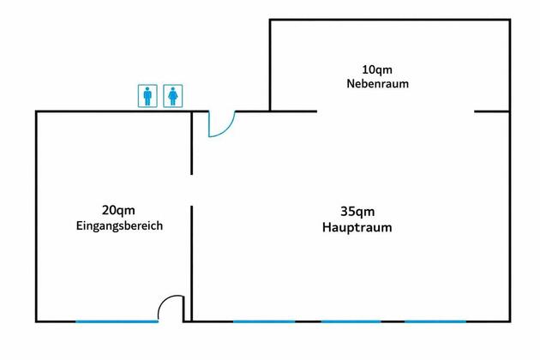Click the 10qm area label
377,69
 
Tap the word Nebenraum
377,84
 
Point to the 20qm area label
118,210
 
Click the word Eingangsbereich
118,226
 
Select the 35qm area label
357,211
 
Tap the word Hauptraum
357,227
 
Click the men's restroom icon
148,95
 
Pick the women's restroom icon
174,95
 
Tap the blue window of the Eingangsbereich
117,321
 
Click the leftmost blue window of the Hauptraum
264,321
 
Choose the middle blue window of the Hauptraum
351,321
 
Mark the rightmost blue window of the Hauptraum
435,321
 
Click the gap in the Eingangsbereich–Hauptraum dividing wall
192,189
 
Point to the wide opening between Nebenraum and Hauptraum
395,111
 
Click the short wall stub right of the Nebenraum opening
492,111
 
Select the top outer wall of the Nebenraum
390,20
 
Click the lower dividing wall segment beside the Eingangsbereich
192,262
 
